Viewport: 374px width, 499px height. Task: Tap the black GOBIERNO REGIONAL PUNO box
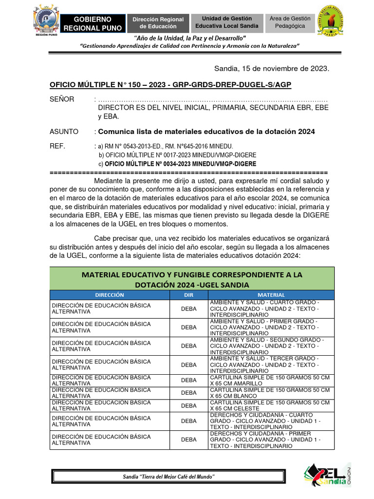coord(93,23)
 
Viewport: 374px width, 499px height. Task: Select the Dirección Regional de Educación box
coord(158,23)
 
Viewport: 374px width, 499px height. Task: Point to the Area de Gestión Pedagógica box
coord(290,22)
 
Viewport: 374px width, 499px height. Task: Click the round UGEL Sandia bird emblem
coord(334,20)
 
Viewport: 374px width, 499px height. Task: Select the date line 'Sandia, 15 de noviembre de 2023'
coord(272,69)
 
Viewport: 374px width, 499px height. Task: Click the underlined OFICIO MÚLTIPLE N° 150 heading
coord(170,85)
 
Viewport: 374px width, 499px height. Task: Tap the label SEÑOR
coord(62,99)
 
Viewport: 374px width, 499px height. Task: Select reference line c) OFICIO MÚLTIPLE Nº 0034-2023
coord(177,164)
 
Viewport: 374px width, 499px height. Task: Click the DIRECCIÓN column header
coord(110,295)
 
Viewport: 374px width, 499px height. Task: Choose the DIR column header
coord(189,295)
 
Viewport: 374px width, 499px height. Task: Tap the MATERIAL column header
coord(271,295)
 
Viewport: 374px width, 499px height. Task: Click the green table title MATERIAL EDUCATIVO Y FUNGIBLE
coord(192,279)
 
